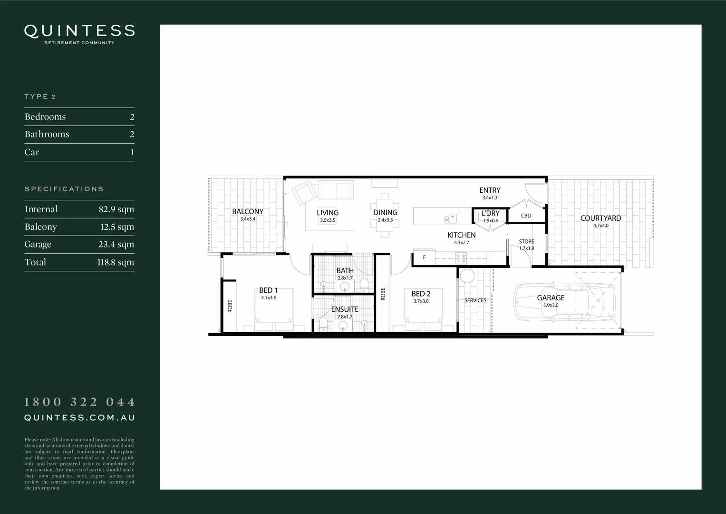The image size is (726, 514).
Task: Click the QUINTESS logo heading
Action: click(79, 31)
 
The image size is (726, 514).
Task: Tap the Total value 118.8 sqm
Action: click(116, 262)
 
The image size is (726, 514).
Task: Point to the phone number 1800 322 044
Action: click(80, 402)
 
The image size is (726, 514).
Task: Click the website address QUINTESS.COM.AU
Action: click(80, 418)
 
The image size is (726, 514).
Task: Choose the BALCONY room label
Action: click(248, 212)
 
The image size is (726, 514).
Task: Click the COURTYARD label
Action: click(600, 218)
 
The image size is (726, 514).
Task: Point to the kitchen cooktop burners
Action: click(461, 258)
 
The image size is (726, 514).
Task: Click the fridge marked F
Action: click(424, 258)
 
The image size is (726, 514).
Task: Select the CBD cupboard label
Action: click(526, 216)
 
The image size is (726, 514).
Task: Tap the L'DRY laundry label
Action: click(490, 214)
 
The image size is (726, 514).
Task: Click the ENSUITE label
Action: click(345, 309)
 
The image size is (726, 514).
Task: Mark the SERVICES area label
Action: click(475, 300)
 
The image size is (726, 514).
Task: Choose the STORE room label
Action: click(526, 242)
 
